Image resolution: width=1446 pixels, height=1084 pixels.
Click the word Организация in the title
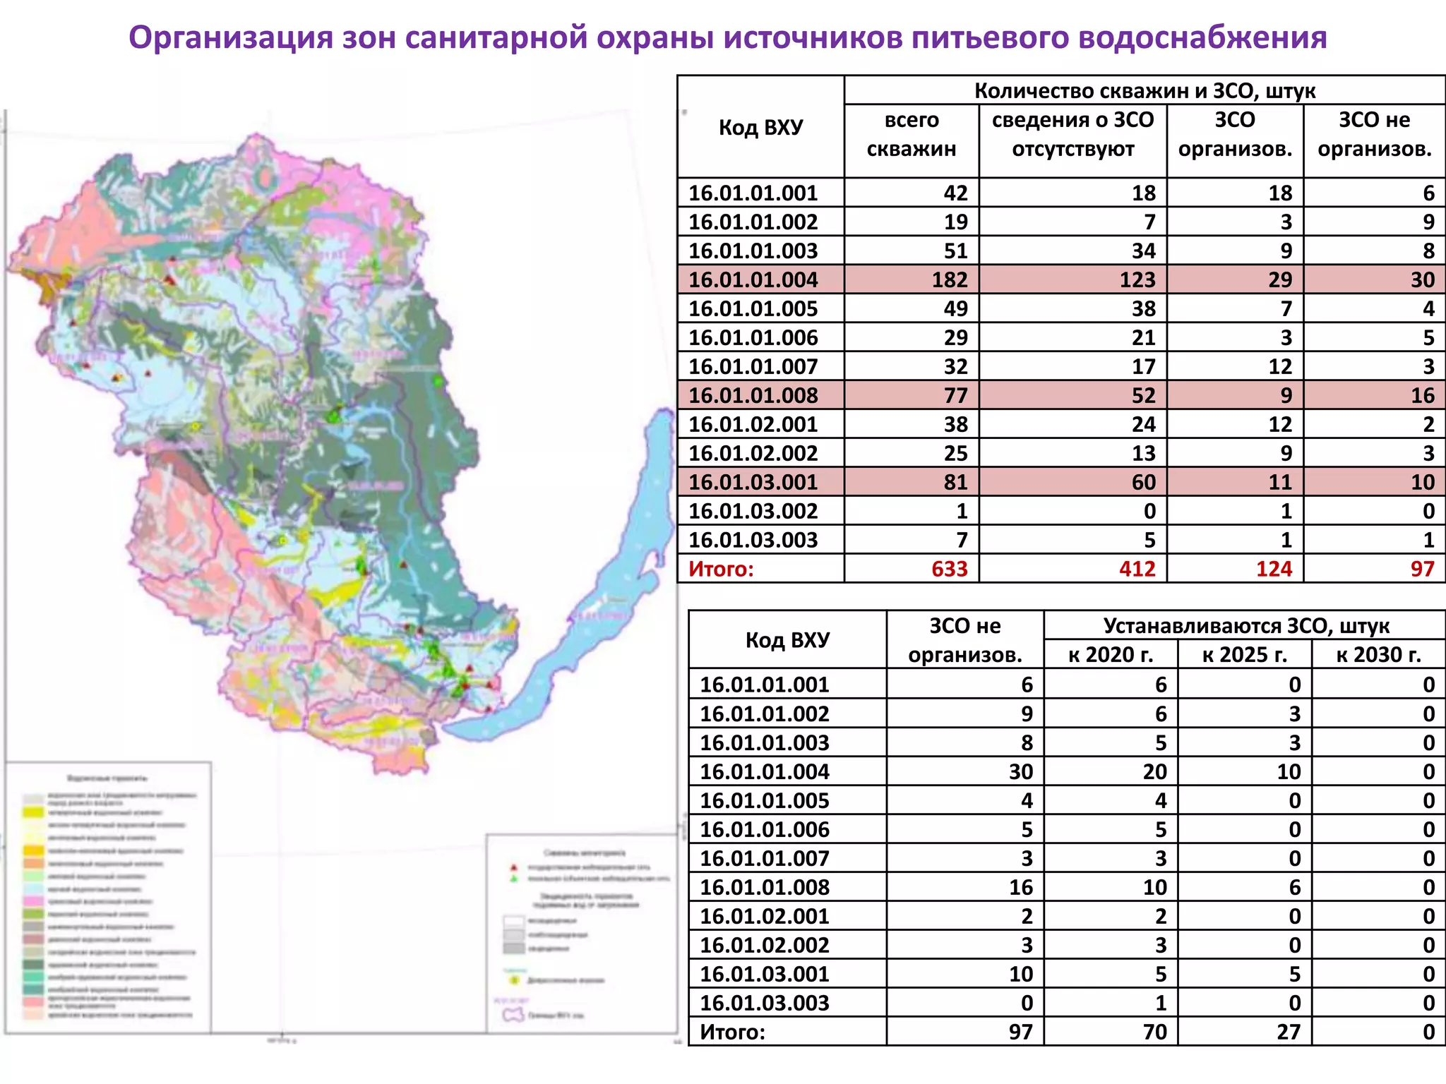point(230,37)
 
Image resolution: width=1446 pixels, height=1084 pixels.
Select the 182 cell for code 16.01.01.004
point(949,280)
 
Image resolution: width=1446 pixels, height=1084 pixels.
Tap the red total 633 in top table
point(949,569)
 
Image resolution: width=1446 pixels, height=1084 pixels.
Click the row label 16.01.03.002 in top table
point(753,511)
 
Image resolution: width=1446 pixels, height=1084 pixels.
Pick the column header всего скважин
point(912,134)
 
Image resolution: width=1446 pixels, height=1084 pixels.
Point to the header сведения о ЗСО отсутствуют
point(1072,134)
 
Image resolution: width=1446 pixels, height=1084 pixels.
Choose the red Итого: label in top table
point(721,569)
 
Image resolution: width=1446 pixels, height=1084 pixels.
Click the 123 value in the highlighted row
point(1137,280)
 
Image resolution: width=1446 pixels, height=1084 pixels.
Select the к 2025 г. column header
point(1244,655)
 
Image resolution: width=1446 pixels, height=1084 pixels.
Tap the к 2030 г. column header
point(1378,655)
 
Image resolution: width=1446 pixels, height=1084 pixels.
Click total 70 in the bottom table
point(1154,1032)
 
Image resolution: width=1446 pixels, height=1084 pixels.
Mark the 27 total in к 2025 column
point(1289,1032)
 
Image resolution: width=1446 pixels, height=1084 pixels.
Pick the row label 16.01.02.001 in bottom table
point(764,916)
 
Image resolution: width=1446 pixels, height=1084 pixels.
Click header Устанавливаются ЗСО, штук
point(1245,626)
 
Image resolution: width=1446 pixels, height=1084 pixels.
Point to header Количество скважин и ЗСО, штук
point(1145,91)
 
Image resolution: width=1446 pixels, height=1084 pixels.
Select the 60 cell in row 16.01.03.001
point(1143,482)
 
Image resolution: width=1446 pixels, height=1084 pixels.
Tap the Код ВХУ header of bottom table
point(787,640)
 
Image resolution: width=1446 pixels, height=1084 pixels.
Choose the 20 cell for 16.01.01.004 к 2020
point(1154,771)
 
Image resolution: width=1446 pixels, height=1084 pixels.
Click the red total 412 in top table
point(1137,569)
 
